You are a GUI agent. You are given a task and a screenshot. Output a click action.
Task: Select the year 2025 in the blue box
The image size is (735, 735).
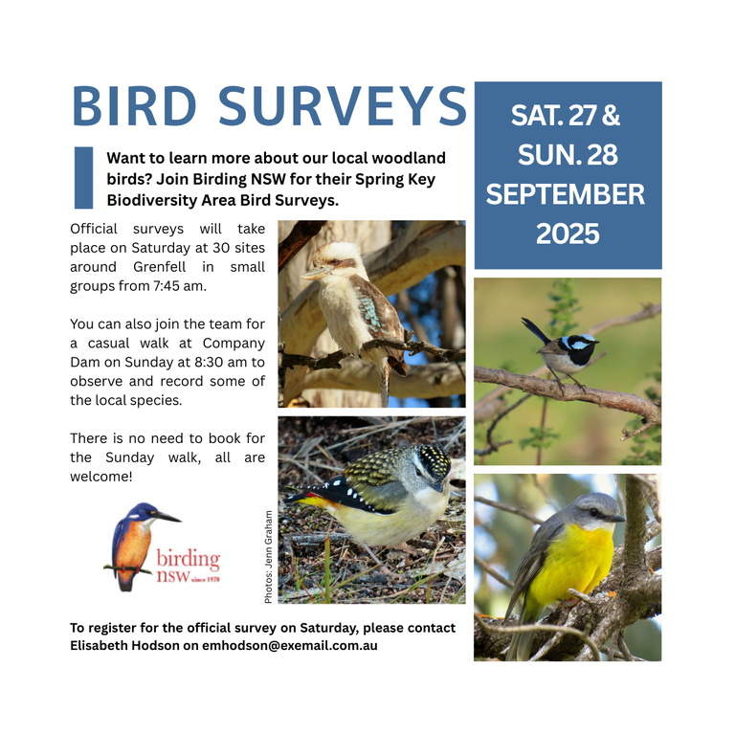click(x=568, y=234)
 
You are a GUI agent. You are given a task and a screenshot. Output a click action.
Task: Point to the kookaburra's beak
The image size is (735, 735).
click(x=313, y=272)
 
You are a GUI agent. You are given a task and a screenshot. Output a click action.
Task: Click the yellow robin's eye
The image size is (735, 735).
click(x=590, y=515)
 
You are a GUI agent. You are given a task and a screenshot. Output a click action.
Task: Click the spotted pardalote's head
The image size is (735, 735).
click(x=429, y=467)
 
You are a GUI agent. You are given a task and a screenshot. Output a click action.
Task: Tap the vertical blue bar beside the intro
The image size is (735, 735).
click(x=84, y=177)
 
